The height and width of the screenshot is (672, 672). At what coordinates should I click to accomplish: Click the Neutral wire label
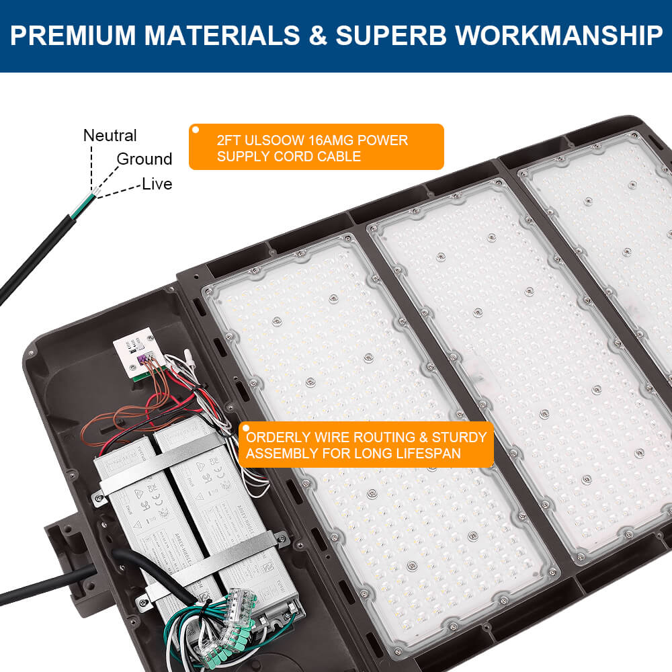tap(110, 136)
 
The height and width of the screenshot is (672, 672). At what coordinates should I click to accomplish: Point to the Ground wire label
tap(144, 159)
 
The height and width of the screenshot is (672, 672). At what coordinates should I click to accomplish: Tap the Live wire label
tap(157, 184)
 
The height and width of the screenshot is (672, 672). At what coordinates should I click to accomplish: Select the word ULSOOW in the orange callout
tap(276, 141)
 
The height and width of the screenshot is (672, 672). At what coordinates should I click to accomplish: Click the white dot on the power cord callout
tap(196, 129)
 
